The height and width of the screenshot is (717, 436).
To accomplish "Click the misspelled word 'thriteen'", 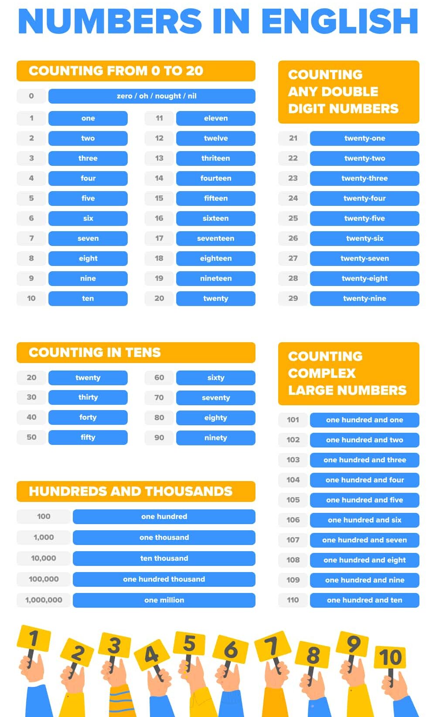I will [x=215, y=158].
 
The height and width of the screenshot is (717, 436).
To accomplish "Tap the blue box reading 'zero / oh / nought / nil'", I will [x=152, y=96].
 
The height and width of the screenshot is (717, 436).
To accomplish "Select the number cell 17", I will [x=159, y=238].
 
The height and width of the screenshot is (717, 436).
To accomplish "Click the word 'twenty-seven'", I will [x=364, y=258].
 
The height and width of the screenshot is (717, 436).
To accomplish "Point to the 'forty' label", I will [x=88, y=417].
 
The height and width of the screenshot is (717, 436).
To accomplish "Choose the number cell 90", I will [x=159, y=438].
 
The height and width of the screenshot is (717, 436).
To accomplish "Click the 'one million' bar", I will [x=164, y=600].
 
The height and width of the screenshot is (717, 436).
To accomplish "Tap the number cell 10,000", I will [x=43, y=558].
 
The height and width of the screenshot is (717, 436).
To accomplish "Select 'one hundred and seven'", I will [x=364, y=540].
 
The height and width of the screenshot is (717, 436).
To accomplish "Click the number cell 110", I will [x=293, y=600].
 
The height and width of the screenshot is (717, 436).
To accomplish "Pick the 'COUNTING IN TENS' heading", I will [x=95, y=352].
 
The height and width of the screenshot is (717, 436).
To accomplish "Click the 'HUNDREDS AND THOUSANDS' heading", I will [x=130, y=491].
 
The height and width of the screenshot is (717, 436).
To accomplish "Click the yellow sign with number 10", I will [x=390, y=657].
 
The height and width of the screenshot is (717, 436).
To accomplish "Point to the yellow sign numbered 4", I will [x=151, y=654].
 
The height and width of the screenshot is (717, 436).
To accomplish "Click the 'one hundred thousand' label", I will [x=164, y=579].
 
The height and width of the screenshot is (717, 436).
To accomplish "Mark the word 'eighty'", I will [x=215, y=417].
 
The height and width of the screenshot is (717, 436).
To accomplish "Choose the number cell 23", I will [x=293, y=178].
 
